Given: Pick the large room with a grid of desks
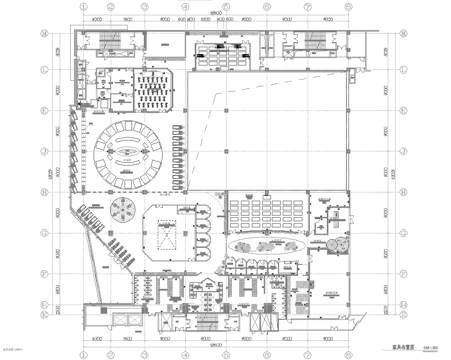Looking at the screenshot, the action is click(262, 210).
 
